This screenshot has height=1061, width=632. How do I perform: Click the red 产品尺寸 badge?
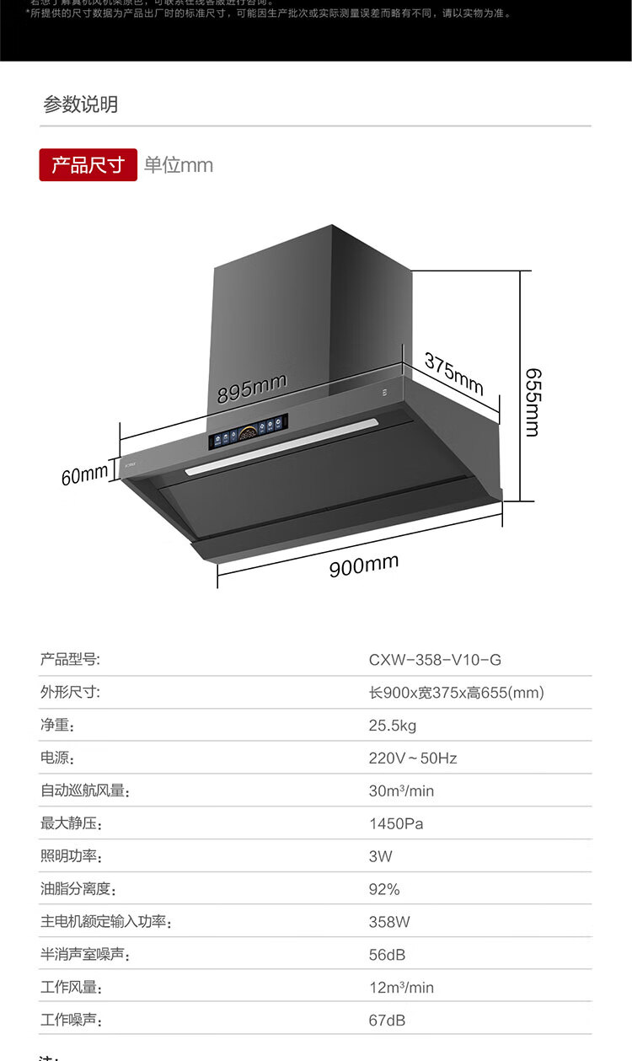(88, 164)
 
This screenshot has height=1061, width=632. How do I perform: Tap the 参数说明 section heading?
(81, 104)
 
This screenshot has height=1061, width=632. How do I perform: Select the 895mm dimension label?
(252, 388)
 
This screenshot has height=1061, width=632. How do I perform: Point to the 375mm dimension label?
(453, 373)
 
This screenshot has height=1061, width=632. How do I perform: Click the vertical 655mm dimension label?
(532, 401)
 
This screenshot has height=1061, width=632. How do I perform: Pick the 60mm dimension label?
(84, 475)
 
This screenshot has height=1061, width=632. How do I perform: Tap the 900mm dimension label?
(363, 565)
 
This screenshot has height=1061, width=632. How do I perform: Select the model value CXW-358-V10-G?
(435, 660)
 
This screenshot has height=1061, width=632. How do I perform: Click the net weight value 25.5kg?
(393, 726)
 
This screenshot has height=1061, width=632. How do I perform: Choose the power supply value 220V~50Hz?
(413, 758)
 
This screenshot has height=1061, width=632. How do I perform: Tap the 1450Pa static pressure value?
(396, 823)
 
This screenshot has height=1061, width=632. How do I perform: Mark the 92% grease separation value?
(384, 889)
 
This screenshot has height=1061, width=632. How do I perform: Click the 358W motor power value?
(389, 922)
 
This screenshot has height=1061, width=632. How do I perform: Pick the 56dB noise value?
(387, 955)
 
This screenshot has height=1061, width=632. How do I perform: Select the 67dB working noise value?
(387, 1021)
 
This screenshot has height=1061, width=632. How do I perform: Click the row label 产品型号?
(70, 660)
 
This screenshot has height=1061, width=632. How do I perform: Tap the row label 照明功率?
(70, 856)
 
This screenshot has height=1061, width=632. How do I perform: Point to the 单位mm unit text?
(179, 165)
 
